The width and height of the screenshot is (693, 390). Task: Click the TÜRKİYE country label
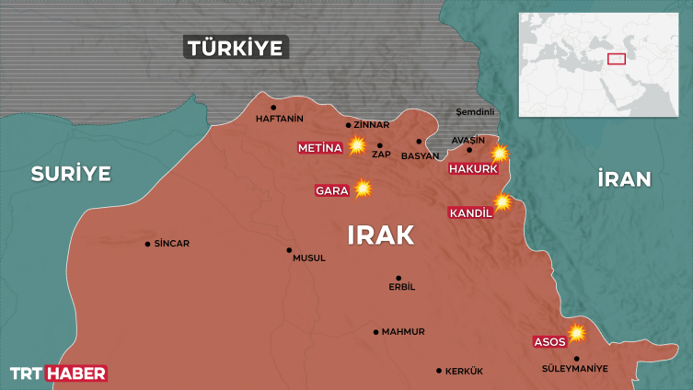pos(237,48)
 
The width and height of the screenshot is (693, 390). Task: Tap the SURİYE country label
pos(71,174)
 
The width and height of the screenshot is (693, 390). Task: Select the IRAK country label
pos(380,235)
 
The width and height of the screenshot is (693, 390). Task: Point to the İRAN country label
pos(624,179)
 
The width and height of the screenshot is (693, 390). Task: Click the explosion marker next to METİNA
pos(357,145)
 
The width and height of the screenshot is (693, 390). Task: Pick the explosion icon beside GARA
pos(364,189)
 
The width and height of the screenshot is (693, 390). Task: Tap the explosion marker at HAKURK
pos(500,153)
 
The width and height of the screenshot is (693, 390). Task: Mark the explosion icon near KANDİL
pos(502,201)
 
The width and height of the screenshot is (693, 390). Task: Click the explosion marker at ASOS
pos(577,332)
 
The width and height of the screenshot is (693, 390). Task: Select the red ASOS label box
pos(549,342)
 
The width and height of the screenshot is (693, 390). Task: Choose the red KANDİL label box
pos(469,213)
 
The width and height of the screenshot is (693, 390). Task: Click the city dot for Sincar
pos(147,244)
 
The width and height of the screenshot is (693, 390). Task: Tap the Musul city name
pos(308,258)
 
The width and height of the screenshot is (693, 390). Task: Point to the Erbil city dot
pos(398,278)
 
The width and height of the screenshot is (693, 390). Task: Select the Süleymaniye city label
pos(575,370)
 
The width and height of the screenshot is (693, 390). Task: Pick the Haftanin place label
pos(279,120)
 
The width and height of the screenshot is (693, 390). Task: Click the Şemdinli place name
pos(476,111)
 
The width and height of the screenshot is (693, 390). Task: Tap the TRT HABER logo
pos(58,373)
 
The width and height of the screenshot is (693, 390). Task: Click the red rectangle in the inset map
pos(616,59)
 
